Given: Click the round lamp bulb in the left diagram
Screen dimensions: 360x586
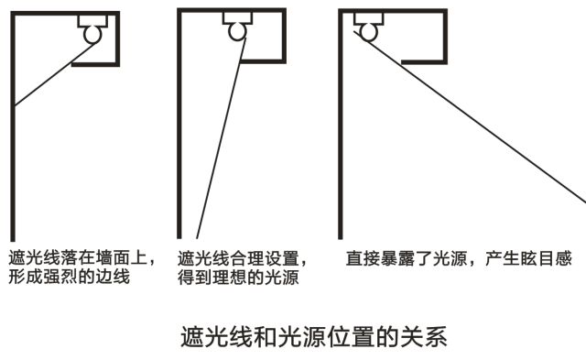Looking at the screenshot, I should click(x=92, y=35).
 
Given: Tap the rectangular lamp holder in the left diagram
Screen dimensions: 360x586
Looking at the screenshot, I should click(x=92, y=19).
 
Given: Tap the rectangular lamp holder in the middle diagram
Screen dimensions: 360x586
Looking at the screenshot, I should click(x=237, y=17).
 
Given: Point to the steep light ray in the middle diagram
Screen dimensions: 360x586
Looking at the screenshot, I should click(x=219, y=137).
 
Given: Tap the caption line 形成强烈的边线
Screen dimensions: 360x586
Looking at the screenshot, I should click(x=69, y=277).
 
